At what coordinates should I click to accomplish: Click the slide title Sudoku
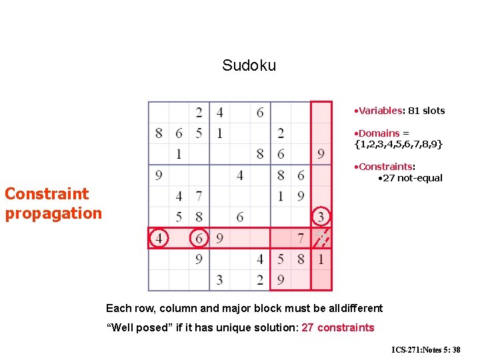249,65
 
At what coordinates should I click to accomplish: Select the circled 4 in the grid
159,238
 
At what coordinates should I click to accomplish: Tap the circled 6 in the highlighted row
199,238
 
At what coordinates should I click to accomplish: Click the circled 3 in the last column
321,217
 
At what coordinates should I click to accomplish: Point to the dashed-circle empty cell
321,238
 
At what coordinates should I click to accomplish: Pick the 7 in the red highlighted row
301,238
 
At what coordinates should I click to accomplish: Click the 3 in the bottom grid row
219,279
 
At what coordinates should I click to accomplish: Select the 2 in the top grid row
199,112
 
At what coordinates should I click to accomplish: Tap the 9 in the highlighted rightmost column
321,154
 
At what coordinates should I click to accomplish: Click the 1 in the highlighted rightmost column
321,259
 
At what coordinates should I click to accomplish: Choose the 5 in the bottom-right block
281,259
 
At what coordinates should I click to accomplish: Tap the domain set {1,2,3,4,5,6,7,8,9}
398,144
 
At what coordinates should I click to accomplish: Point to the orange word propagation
53,213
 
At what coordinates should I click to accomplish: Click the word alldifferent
355,308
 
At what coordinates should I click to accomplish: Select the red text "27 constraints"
338,327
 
